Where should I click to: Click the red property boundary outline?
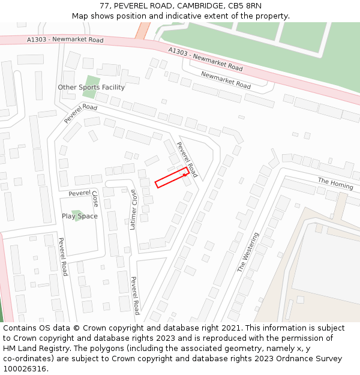tap(172, 178)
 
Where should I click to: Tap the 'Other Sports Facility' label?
tap(91, 88)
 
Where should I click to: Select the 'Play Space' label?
tap(79, 217)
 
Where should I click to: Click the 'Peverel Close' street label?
tap(84, 194)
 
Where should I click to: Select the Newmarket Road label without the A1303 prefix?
tap(226, 80)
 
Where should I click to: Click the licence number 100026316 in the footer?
tap(24, 368)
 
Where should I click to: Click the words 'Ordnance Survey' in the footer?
tap(311, 358)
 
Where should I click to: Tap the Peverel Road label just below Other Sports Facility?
tap(80, 113)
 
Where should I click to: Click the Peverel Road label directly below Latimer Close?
tap(135, 295)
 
